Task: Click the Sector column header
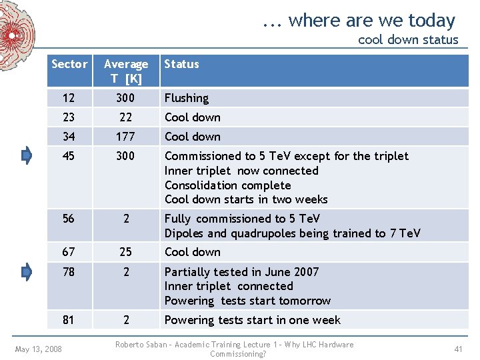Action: tap(69, 64)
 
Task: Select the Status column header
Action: tap(181, 64)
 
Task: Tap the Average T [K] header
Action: tap(125, 71)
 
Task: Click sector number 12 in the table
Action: tap(69, 98)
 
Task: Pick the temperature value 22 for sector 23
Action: tap(125, 117)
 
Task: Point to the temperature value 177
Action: tap(125, 137)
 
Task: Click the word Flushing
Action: tap(187, 98)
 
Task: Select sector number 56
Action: tap(69, 219)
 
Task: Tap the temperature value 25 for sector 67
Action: tap(125, 252)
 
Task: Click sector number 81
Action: tap(69, 320)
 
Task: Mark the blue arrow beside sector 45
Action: tap(27, 156)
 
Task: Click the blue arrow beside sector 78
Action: tap(27, 272)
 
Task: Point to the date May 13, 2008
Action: tap(39, 349)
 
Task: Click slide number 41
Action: tap(458, 349)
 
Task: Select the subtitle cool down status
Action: tap(408, 39)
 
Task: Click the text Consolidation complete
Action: tap(228, 185)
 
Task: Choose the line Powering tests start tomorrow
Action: tap(247, 301)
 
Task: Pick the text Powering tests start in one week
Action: tap(253, 320)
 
